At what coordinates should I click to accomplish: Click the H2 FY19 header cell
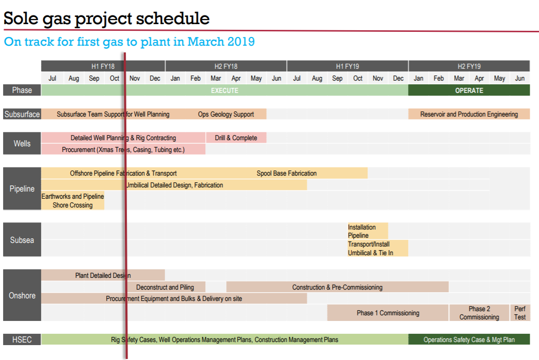tap(469, 66)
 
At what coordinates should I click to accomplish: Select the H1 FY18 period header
tap(103, 66)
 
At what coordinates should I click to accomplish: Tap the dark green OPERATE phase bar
tap(469, 90)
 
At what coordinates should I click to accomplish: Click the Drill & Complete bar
tap(236, 138)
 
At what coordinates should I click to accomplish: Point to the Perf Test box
tap(519, 313)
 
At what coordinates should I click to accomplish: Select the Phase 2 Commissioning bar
tap(479, 313)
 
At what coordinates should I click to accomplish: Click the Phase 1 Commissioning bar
tap(388, 313)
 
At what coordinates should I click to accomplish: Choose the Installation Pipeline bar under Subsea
tap(368, 231)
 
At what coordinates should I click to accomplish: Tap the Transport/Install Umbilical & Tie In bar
tap(377, 248)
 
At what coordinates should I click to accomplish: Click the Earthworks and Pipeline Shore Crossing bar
tap(72, 201)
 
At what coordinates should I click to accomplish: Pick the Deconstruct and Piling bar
tap(165, 287)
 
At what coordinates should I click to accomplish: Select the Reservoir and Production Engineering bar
tap(469, 114)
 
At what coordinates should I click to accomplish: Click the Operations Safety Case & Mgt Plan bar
tap(469, 339)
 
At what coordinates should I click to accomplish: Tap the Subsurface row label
tap(22, 114)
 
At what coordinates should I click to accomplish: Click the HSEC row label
tap(22, 339)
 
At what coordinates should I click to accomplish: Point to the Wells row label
tap(22, 143)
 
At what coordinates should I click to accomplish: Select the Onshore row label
tap(22, 295)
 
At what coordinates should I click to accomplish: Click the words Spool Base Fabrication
tap(286, 173)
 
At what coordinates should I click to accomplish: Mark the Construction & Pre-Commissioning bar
tap(337, 287)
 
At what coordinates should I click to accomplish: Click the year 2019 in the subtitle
tap(241, 42)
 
